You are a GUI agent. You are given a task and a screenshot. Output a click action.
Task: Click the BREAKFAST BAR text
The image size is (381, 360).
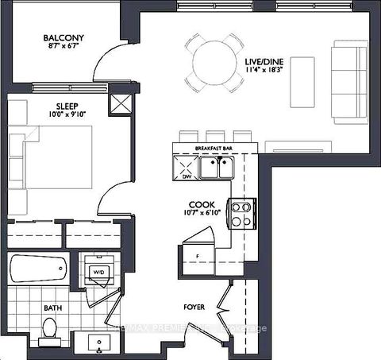point(215,149)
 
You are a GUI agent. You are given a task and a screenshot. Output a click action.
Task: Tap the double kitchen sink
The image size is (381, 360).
point(216,167)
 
